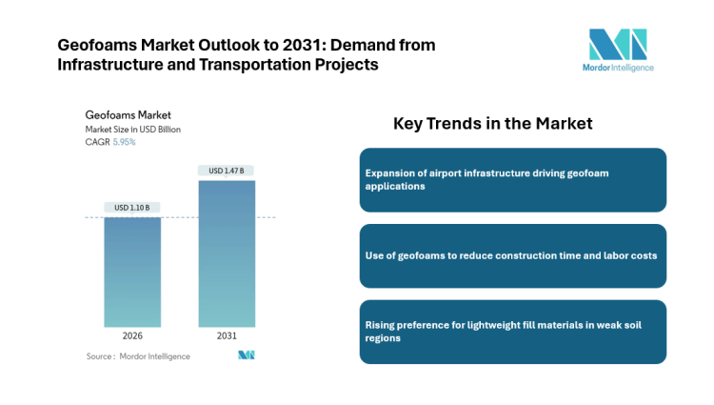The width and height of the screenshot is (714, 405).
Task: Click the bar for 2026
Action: coord(132,272)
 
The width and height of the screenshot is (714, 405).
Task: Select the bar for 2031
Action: coord(227,253)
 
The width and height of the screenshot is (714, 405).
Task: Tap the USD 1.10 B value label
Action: coord(132,208)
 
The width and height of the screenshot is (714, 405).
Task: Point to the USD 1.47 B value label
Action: coord(227,171)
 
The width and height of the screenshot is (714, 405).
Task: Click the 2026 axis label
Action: coord(132,336)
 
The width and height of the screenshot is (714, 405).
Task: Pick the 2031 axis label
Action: coord(227,336)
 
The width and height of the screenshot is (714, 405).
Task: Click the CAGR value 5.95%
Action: coord(124,142)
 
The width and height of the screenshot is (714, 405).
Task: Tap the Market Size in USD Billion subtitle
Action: coord(132,129)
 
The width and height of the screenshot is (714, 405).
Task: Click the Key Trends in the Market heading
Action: coord(492,124)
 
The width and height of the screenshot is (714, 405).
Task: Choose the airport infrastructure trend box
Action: coord(512,180)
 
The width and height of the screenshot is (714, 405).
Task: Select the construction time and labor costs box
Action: coord(512,255)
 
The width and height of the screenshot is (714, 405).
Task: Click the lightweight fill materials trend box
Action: coord(512,332)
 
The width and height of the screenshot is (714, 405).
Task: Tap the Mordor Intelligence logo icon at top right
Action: coord(617,45)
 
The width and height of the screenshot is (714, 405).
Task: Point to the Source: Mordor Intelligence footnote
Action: coord(137,356)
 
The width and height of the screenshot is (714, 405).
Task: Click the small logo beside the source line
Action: coord(246,355)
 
